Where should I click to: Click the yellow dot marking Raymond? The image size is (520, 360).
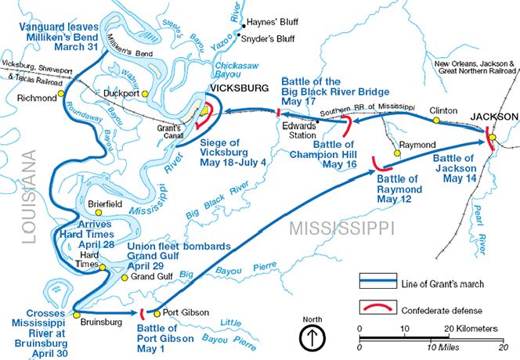click(x=397, y=154)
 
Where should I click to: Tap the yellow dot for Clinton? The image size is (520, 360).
click(x=435, y=120)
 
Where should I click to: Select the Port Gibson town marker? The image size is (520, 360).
click(x=157, y=312)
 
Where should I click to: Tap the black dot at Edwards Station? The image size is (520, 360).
click(x=318, y=122)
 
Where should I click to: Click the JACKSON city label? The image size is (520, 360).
click(x=493, y=116)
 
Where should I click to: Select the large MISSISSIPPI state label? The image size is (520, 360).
click(x=341, y=228)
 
